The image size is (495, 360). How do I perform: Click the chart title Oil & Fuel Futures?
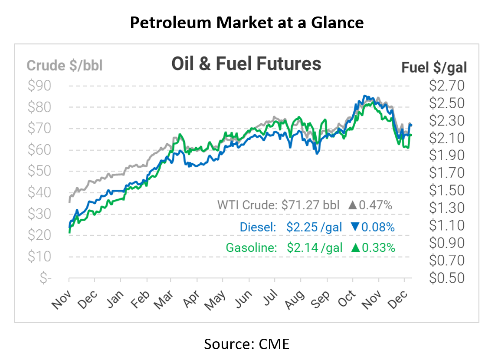[x=246, y=64]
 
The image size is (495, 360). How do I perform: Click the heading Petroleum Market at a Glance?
[x=247, y=23]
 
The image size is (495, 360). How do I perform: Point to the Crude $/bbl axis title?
[x=65, y=66]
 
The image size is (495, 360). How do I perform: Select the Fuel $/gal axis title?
[x=434, y=67]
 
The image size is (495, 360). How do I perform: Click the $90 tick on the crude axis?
[x=39, y=86]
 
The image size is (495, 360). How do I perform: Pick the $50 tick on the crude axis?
[x=39, y=171]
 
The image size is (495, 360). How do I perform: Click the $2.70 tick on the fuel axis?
[x=446, y=86]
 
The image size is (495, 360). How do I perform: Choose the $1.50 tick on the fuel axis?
[x=446, y=190]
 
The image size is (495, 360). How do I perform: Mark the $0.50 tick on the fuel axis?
[x=446, y=277]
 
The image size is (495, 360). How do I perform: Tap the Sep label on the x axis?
[x=321, y=299]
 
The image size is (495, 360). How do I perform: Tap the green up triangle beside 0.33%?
[x=355, y=248]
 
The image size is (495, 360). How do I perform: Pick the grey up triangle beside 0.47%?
[x=352, y=205]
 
